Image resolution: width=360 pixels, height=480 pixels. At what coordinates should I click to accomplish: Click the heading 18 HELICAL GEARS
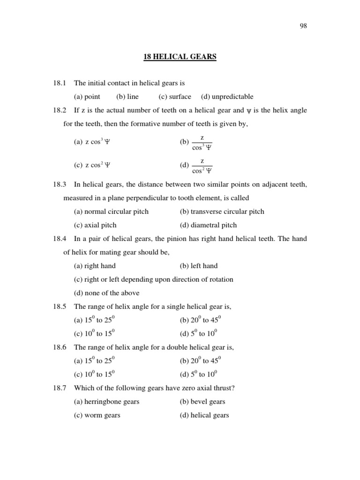(x=180, y=57)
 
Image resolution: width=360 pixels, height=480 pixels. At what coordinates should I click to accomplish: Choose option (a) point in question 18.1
(x=87, y=97)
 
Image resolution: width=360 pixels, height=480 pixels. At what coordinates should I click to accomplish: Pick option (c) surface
(x=175, y=97)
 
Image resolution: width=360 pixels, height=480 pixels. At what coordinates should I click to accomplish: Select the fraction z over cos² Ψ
(x=202, y=165)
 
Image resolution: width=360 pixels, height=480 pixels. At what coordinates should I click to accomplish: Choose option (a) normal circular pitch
(x=111, y=211)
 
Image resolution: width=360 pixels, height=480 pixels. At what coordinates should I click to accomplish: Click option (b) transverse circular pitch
(x=222, y=211)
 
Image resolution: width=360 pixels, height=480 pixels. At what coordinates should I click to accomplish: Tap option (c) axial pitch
(x=95, y=225)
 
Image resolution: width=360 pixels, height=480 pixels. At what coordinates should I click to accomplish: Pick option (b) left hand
(x=198, y=266)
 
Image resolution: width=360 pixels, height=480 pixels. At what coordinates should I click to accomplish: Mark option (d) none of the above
(x=106, y=293)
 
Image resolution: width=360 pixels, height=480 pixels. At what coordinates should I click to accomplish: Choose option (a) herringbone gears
(x=106, y=402)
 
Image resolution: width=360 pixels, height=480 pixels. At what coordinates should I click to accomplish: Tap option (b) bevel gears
(x=202, y=402)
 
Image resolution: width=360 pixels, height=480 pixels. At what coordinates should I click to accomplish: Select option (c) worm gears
(x=97, y=415)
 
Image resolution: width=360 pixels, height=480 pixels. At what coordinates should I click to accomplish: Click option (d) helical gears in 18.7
(x=204, y=415)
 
